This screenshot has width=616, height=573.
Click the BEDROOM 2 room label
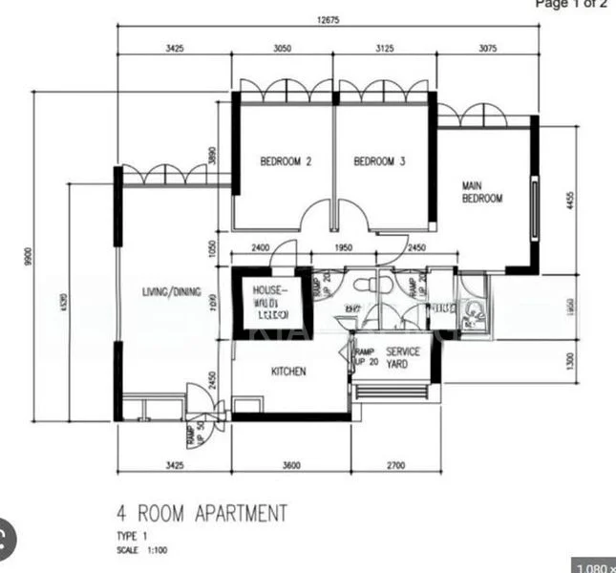click(287, 161)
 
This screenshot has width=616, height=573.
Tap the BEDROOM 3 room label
click(380, 161)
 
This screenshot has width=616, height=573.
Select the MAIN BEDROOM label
click(481, 192)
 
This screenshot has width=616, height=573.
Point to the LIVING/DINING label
click(172, 292)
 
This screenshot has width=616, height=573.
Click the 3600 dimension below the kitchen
click(291, 465)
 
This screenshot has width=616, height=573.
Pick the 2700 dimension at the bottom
click(396, 465)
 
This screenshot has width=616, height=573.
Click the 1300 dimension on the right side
click(569, 360)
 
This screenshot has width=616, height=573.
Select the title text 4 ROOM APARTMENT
click(201, 515)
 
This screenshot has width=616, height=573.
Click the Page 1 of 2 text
click(570, 4)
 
